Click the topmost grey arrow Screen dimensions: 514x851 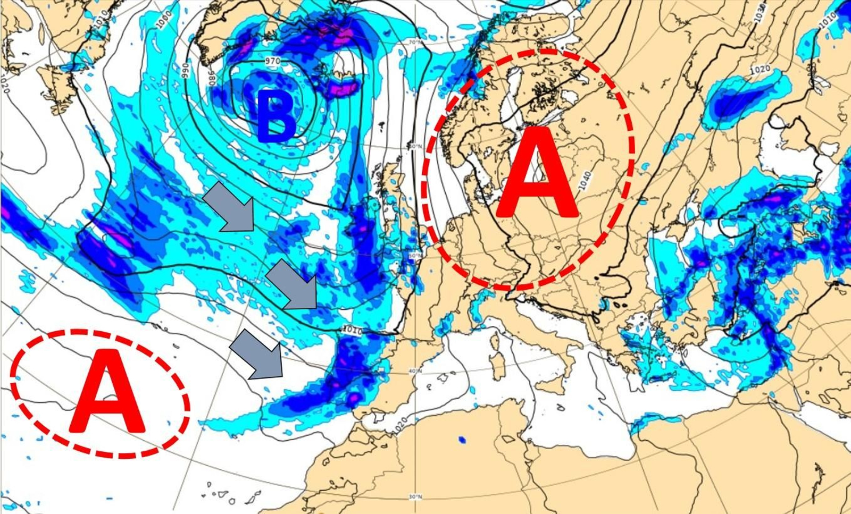coord(230,206)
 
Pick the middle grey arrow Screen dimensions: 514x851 coord(293,286)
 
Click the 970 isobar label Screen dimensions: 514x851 coord(272,61)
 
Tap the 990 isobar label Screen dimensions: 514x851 coord(186,70)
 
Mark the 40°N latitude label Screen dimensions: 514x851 coord(415,371)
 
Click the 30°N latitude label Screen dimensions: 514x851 coord(415,497)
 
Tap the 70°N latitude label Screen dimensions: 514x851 coord(415,43)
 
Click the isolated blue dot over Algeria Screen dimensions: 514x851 coord(462,440)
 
